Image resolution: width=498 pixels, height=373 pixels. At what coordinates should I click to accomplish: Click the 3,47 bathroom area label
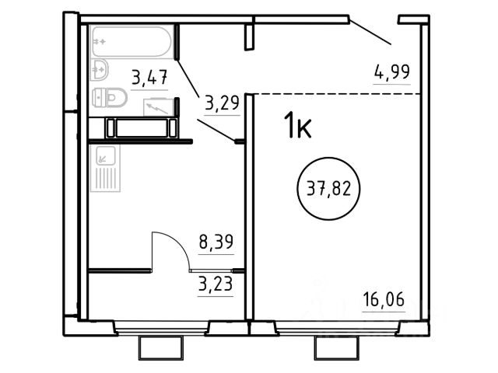[x=149, y=78]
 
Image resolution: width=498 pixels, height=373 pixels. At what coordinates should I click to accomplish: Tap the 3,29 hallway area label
[x=222, y=103]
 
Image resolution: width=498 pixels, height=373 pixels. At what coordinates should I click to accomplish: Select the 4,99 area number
[x=392, y=71]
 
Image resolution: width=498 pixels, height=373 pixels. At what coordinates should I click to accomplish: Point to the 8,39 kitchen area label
[x=216, y=242]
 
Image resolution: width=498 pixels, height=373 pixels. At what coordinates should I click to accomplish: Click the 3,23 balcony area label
[x=216, y=284]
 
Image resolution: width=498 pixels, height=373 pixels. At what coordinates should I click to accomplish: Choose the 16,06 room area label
[x=384, y=300]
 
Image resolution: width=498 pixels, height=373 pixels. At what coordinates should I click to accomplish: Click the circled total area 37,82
[x=328, y=189]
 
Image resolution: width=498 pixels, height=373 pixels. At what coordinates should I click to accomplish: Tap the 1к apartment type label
[x=297, y=125]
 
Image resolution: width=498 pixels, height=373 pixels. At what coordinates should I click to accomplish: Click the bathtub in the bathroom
[x=132, y=41]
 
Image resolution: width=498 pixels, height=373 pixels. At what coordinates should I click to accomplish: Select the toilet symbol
[x=110, y=97]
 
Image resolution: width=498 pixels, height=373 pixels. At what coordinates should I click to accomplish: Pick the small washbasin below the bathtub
[x=100, y=69]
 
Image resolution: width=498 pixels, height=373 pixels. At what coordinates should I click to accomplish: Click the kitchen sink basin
[x=106, y=155]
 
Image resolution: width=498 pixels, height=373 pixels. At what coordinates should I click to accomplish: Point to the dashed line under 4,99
[x=337, y=94]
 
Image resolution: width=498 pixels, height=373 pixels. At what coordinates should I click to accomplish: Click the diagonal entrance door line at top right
[x=370, y=33]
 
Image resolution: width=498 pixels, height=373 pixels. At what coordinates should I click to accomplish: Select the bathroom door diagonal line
[x=188, y=78]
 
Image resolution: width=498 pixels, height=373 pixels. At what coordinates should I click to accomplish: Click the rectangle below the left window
[x=161, y=348]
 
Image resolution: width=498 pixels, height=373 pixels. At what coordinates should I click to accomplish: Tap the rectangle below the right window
[x=336, y=348]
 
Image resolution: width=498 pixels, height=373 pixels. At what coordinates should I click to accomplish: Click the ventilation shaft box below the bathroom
[x=142, y=127]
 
